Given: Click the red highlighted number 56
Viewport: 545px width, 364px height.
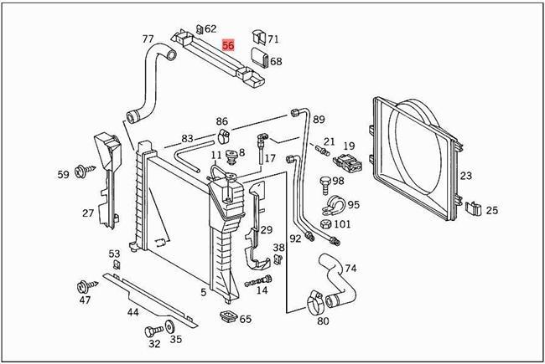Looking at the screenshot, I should [x=228, y=48].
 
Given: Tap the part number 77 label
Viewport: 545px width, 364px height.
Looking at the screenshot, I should [x=148, y=39].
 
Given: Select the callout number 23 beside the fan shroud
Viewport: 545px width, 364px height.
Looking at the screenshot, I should [x=466, y=176].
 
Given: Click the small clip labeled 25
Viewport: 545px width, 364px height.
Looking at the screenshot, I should [x=473, y=208].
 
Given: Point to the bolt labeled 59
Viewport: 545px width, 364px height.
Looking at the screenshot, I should [x=84, y=173].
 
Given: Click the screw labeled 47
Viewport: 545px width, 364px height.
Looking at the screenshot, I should [x=85, y=285].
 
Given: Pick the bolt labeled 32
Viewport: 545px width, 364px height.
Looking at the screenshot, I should [x=153, y=330].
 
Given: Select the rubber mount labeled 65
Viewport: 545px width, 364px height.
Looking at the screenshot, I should [x=225, y=317].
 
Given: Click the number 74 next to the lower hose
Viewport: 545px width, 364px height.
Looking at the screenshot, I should [x=350, y=268].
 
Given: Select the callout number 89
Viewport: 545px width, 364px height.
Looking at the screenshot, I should [x=319, y=120].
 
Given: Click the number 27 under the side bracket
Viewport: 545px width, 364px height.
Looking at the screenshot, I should [x=88, y=213].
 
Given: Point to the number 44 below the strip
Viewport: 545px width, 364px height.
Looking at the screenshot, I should [x=132, y=312].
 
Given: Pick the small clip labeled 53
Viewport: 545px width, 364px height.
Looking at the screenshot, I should [x=116, y=265].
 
